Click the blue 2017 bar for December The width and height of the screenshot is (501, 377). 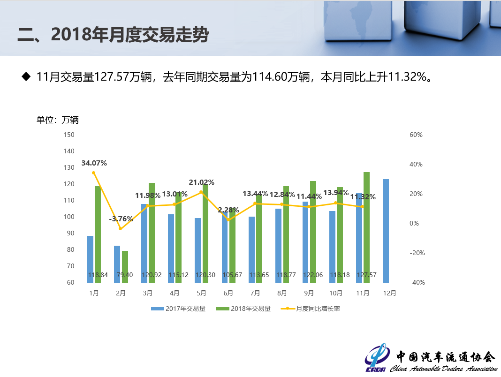[386, 231]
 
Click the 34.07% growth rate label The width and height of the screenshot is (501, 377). [94, 163]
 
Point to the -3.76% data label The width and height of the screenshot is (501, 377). [121, 219]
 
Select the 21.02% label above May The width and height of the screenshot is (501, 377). [202, 182]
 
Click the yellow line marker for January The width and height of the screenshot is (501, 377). [94, 173]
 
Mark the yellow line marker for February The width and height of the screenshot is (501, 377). [120, 229]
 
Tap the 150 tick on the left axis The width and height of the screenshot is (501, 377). [69, 135]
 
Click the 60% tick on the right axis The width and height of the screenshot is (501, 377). [416, 135]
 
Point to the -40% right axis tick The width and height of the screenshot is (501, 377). [417, 282]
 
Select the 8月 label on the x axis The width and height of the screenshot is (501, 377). [282, 294]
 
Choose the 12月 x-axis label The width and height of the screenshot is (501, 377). [389, 294]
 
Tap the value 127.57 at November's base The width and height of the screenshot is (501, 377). [366, 275]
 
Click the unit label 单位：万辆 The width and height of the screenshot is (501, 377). [58, 120]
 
